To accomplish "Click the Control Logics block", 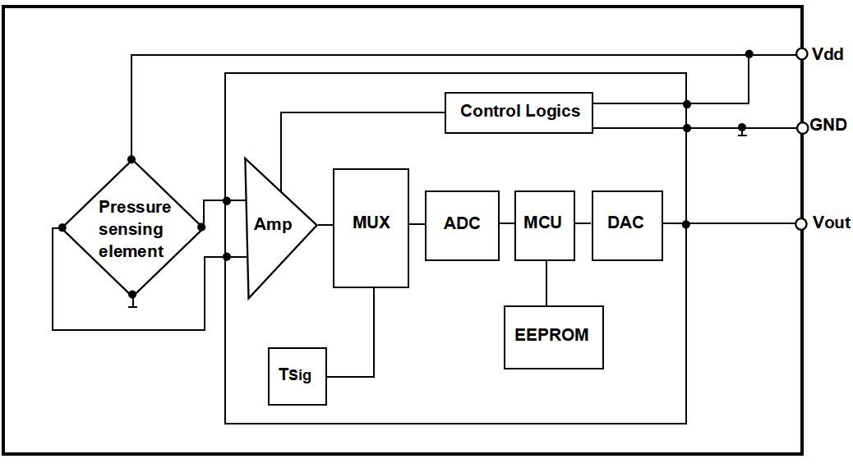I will pyautogui.click(x=519, y=112).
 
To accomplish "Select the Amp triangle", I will pyautogui.click(x=274, y=225).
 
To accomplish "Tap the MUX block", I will pyautogui.click(x=371, y=228).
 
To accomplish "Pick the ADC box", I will pyautogui.click(x=462, y=225).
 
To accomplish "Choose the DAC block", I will pyautogui.click(x=627, y=225).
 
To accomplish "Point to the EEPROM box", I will pyautogui.click(x=553, y=337).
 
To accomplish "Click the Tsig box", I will pyautogui.click(x=297, y=376).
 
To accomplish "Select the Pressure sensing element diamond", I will pyautogui.click(x=131, y=227).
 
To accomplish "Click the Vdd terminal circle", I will pyautogui.click(x=802, y=54).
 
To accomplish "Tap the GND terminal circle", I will pyautogui.click(x=802, y=127).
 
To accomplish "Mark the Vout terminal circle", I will pyautogui.click(x=801, y=223).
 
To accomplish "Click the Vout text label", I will pyautogui.click(x=831, y=223).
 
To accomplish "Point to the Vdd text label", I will pyautogui.click(x=828, y=54).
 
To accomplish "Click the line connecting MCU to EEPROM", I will pyautogui.click(x=546, y=283).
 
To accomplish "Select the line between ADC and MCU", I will pyautogui.click(x=507, y=224).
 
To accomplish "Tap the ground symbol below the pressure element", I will pyautogui.click(x=131, y=302).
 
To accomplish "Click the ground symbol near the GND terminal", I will pyautogui.click(x=742, y=131).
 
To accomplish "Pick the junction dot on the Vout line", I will pyautogui.click(x=686, y=223).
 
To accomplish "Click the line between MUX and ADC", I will pyautogui.click(x=417, y=224).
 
